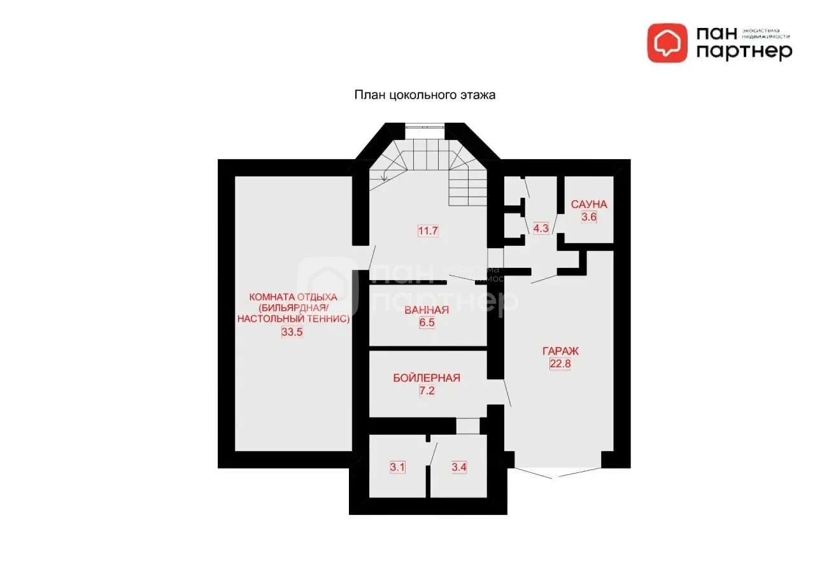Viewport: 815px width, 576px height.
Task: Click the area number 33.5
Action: pos(292,332)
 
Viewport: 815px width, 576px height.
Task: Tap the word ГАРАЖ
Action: pos(560,351)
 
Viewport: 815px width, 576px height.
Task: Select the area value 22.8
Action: pos(560,363)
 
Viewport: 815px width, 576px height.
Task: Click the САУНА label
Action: pos(589,204)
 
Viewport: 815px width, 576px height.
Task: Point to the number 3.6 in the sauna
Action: pos(589,217)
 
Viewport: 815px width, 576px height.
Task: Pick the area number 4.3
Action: pos(541,228)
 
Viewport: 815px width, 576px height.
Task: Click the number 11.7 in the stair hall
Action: pos(428,230)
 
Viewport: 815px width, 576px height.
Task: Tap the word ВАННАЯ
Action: pos(427,310)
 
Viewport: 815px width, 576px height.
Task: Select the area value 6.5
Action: pos(427,323)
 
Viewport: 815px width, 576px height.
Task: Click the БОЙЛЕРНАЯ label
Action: pos(427,378)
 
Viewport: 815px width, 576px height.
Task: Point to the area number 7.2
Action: pos(427,391)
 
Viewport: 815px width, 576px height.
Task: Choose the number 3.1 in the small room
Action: pos(397,467)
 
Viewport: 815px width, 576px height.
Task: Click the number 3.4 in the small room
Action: pos(459,467)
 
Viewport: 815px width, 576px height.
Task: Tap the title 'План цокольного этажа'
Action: pos(425,95)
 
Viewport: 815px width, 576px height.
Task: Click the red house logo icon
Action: pos(667,43)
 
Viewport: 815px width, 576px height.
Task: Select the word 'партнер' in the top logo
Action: pos(744,52)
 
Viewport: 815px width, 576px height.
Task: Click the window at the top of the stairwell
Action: pos(425,127)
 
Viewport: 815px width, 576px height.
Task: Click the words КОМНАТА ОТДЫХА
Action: pos(294,297)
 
